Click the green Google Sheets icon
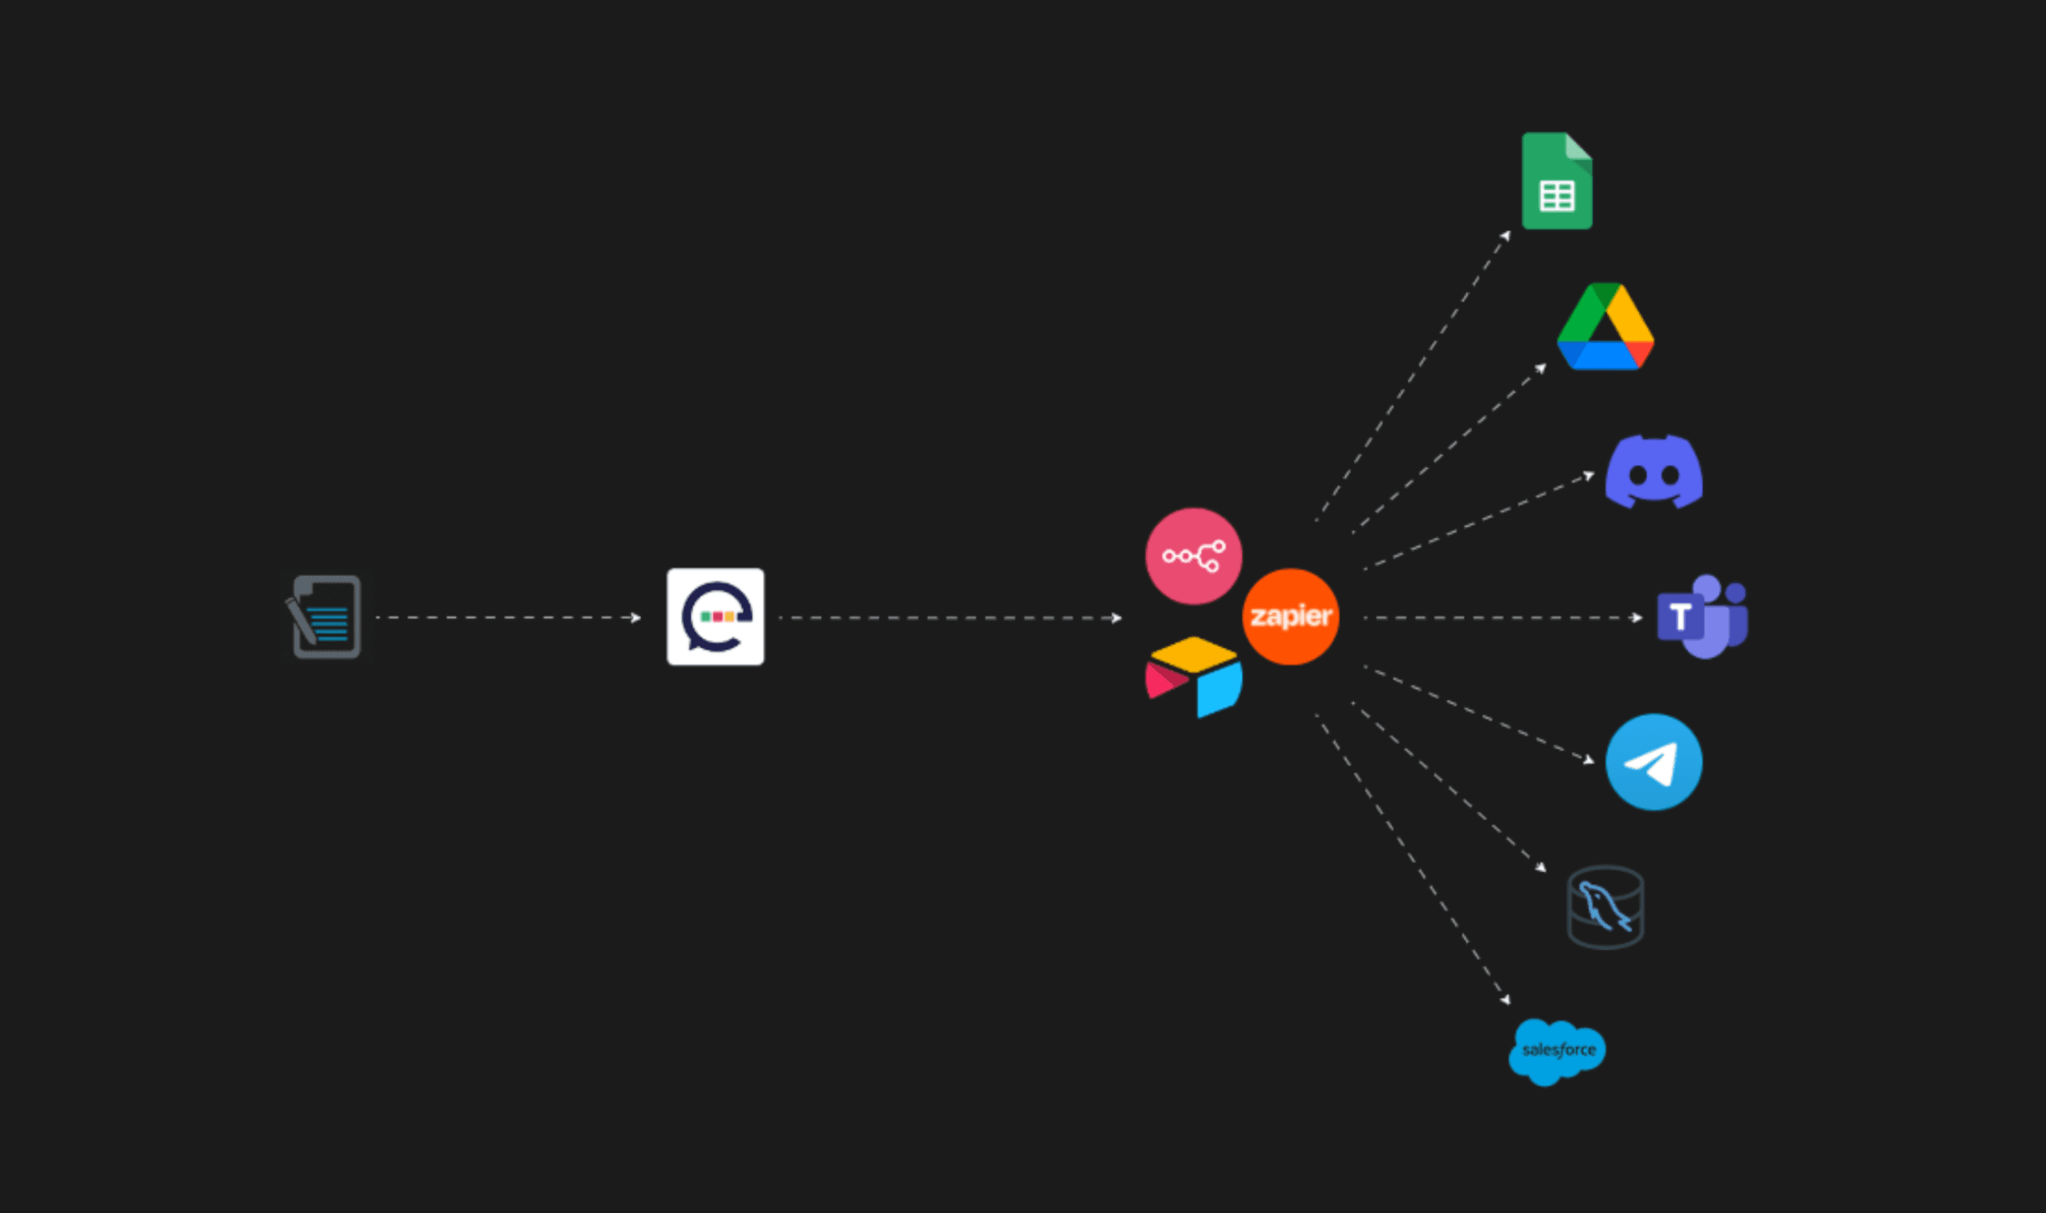click(1556, 181)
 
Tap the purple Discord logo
click(1654, 472)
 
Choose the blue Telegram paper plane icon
click(1654, 762)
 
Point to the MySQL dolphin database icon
click(1605, 907)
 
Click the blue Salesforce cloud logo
click(1557, 1051)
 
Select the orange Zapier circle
click(1291, 617)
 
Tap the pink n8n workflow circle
click(1193, 556)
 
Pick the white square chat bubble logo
click(716, 617)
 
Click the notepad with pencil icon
click(325, 617)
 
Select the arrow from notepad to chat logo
click(509, 617)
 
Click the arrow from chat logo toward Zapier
click(951, 617)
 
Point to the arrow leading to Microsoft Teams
click(1502, 617)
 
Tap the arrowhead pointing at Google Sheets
click(1506, 236)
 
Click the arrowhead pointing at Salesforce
click(1505, 999)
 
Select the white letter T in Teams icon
click(1680, 617)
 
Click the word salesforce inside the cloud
click(1559, 1050)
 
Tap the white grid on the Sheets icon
click(1556, 197)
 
